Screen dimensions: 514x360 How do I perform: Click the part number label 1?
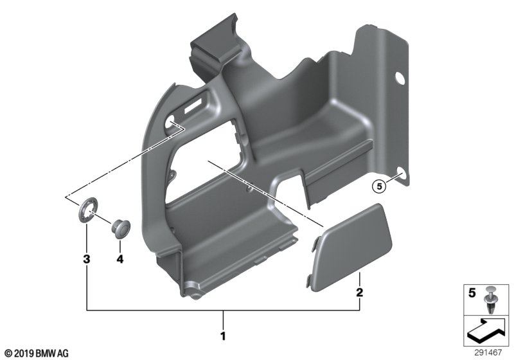(223, 336)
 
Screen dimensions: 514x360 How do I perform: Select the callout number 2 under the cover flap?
(360, 292)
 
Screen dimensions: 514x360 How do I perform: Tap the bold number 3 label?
(87, 259)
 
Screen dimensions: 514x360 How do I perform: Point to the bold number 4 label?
(120, 259)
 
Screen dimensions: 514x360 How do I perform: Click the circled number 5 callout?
(379, 187)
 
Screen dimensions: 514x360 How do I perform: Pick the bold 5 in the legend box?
(472, 292)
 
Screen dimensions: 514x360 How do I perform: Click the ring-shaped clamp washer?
(88, 210)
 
